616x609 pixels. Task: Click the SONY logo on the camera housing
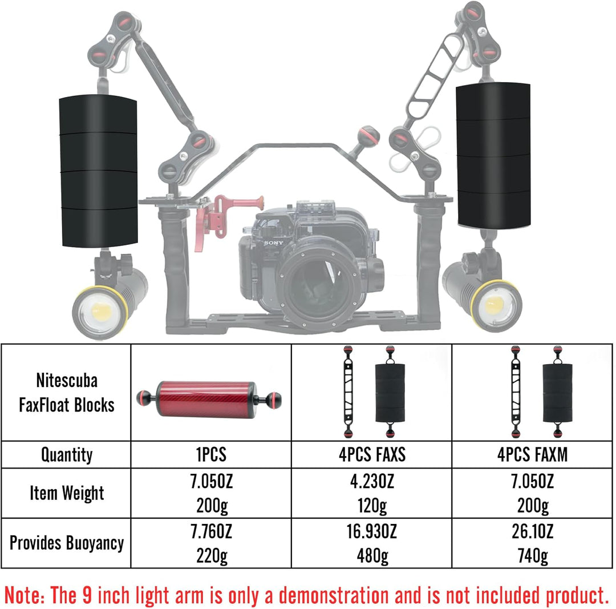(x=273, y=243)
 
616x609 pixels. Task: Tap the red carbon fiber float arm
(x=209, y=398)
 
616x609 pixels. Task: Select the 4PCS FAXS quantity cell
(x=372, y=454)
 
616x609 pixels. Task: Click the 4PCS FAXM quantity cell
(x=532, y=454)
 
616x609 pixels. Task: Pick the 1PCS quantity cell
(x=212, y=454)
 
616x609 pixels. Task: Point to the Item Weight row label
(x=67, y=493)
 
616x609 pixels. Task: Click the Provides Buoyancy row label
(x=67, y=543)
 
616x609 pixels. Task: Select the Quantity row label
(x=67, y=455)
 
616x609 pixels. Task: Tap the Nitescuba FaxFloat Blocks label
(x=67, y=393)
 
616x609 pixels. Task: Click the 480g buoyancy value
(x=372, y=556)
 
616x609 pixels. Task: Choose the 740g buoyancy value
(x=533, y=556)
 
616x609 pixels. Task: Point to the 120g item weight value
(x=372, y=506)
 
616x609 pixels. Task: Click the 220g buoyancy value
(x=212, y=556)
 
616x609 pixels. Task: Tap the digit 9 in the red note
(x=87, y=595)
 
